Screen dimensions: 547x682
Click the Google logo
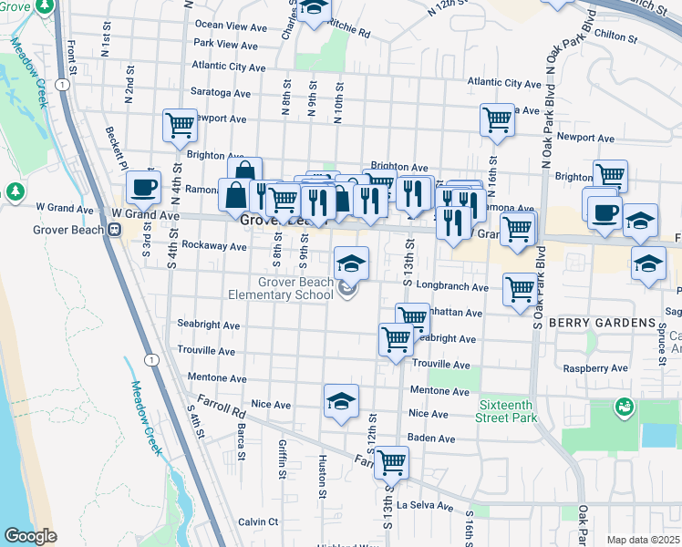pos(30,536)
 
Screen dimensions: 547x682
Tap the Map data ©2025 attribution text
pos(643,540)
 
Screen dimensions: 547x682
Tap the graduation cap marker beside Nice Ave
pos(341,401)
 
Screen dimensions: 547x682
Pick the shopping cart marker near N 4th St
pos(181,126)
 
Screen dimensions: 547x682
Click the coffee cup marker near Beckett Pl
pos(142,188)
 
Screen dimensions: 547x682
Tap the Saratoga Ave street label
pos(221,93)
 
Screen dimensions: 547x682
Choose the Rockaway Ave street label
pos(215,246)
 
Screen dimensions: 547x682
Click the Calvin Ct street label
pos(258,521)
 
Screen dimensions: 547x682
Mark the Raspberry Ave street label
pos(598,369)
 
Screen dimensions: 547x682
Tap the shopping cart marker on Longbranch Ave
pos(519,290)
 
